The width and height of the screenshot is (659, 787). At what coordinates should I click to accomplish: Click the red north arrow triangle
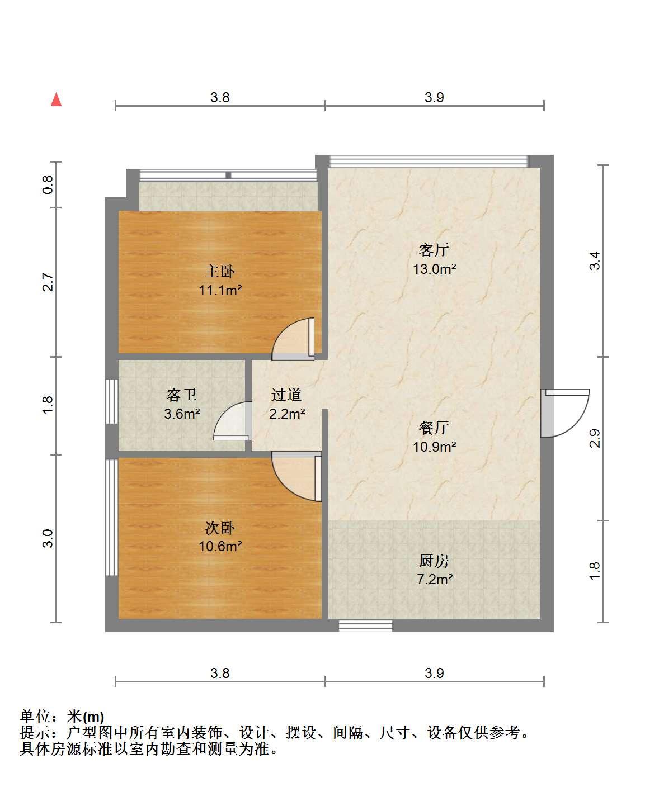pos(56,99)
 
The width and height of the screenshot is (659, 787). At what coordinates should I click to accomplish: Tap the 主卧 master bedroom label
pos(220,272)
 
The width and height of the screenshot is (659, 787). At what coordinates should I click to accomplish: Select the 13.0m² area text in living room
pos(434,269)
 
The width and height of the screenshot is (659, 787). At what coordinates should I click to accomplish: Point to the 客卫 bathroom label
pos(181,395)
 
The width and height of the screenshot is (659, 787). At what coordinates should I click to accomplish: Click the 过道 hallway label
pos(286,395)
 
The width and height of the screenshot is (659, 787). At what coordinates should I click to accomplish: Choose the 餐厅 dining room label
pos(434,428)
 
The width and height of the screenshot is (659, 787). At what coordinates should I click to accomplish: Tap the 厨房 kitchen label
pos(434,561)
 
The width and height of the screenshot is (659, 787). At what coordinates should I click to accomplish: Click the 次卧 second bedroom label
pos(220,528)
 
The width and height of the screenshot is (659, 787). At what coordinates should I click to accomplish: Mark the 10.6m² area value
pos(220,546)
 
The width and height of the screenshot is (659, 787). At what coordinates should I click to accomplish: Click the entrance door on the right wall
pos(565,414)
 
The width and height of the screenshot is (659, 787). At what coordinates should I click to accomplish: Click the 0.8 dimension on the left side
pos(48,184)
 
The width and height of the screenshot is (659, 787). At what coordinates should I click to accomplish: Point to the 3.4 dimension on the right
pos(594,260)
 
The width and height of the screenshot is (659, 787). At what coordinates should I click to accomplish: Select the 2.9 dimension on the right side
pos(594,438)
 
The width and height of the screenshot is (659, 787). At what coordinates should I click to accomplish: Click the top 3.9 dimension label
pos(434,97)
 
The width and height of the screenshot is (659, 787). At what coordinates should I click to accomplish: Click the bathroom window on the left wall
pos(112,401)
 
